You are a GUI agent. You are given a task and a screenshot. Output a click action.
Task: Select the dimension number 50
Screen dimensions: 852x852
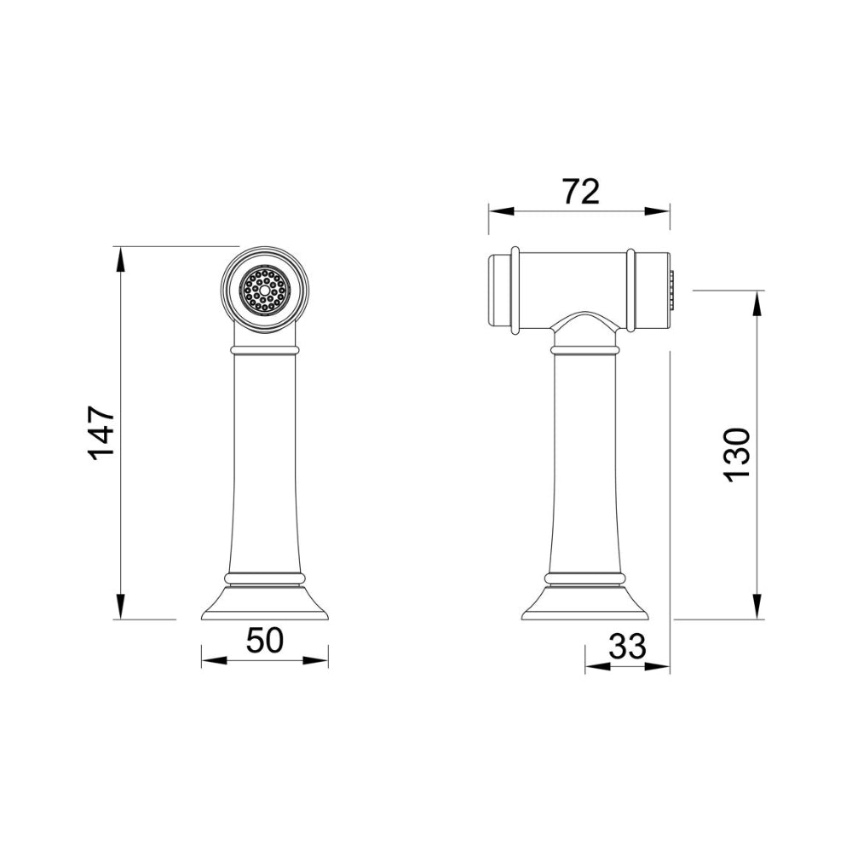[265, 640]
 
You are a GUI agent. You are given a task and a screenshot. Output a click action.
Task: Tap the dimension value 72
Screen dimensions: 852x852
[580, 191]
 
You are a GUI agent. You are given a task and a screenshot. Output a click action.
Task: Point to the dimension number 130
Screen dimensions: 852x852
[737, 453]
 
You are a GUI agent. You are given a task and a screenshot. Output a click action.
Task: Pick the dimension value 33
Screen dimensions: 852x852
[628, 646]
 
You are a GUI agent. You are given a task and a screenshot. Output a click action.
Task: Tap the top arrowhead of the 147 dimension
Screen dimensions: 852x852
[120, 260]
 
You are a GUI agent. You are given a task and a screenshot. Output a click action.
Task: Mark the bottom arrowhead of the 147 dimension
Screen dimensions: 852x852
[120, 606]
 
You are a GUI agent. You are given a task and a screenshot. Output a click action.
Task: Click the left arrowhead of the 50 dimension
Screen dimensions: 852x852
[214, 660]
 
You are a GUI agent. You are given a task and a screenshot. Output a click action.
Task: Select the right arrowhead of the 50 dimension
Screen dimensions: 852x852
[315, 660]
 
